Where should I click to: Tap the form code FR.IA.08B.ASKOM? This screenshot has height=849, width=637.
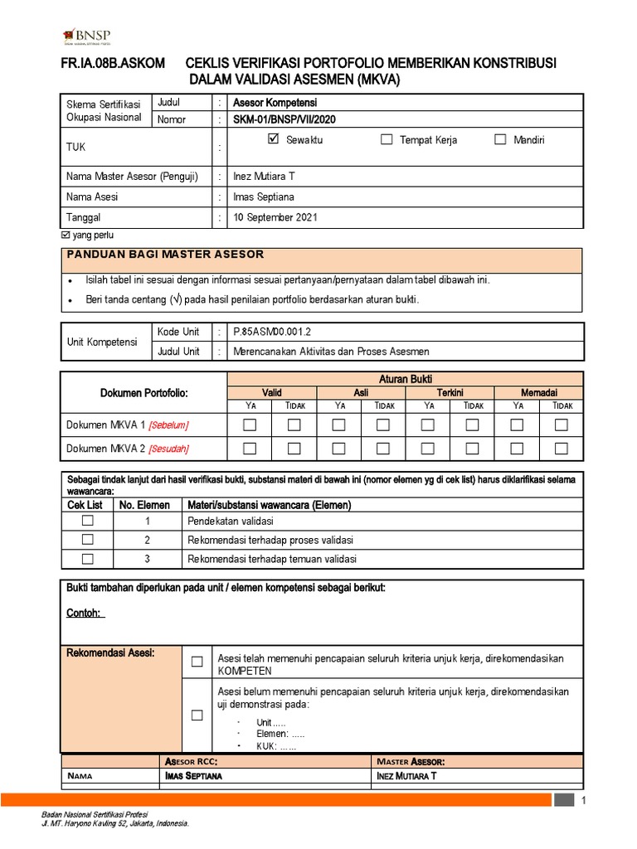[x=112, y=64]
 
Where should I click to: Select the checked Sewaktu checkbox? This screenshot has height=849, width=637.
[x=275, y=139]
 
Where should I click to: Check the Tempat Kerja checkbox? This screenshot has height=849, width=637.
[x=387, y=139]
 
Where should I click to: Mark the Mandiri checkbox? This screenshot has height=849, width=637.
[x=500, y=139]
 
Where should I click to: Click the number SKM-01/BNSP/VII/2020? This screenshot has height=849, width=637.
[x=284, y=119]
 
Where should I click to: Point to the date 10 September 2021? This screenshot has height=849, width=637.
[x=275, y=218]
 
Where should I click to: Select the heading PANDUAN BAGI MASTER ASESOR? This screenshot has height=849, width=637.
[x=165, y=254]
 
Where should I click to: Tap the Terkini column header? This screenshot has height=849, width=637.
[x=450, y=392]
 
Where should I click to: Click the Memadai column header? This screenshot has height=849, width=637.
[x=539, y=392]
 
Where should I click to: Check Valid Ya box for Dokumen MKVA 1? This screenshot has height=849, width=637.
[x=250, y=425]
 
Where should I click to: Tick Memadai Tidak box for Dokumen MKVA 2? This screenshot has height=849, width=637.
[x=562, y=449]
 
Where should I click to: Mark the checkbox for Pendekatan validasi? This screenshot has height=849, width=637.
[x=88, y=521]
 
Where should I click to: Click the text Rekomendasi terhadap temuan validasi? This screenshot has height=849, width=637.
[x=271, y=559]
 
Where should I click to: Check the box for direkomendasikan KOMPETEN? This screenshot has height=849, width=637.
[x=197, y=662]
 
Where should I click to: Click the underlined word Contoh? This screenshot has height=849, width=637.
[x=83, y=613]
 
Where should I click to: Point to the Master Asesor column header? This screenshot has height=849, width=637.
[x=410, y=761]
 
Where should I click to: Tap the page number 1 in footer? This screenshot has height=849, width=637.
[x=584, y=801]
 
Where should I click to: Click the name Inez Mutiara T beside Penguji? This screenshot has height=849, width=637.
[x=265, y=177]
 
